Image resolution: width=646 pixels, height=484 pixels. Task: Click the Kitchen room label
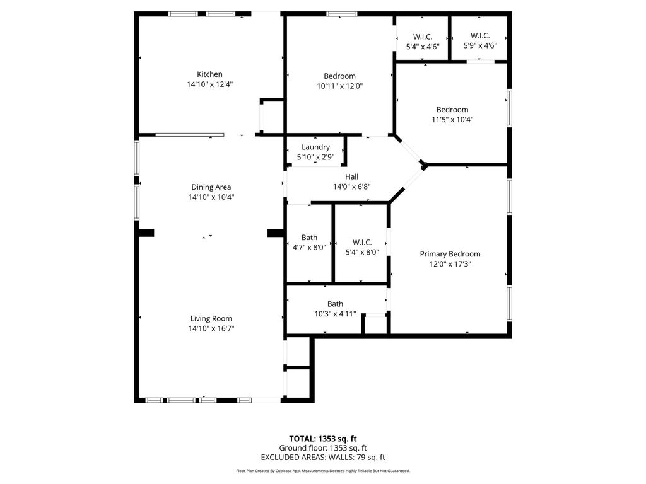click(x=209, y=74)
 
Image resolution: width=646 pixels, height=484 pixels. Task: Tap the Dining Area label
click(x=211, y=187)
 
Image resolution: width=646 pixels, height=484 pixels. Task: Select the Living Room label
click(x=211, y=318)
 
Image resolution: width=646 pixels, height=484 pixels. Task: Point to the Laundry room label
click(x=315, y=147)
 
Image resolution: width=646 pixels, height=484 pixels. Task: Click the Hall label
click(x=352, y=177)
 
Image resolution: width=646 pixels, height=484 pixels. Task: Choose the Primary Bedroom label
click(x=450, y=254)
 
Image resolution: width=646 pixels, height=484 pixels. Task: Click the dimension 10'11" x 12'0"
click(x=340, y=86)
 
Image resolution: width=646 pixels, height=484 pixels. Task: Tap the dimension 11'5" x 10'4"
click(x=452, y=120)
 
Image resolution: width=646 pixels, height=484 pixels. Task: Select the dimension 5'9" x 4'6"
click(x=480, y=45)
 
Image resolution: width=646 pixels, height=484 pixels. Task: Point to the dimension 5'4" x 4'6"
click(x=423, y=47)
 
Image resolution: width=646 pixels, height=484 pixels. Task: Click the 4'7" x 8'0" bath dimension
click(x=309, y=247)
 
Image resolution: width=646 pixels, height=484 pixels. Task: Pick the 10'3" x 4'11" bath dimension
click(x=336, y=314)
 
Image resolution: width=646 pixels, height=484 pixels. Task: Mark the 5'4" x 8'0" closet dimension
click(x=362, y=252)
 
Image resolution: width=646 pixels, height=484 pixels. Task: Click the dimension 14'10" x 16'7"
click(x=211, y=328)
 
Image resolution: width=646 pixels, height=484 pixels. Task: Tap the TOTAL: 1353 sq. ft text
click(x=323, y=439)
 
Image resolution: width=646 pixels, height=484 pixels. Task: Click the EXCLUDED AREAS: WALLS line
click(x=323, y=458)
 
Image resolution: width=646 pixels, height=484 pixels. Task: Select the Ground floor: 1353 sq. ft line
click(x=323, y=448)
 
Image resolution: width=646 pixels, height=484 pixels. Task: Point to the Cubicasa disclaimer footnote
click(x=323, y=471)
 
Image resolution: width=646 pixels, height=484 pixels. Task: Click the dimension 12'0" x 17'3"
click(x=450, y=264)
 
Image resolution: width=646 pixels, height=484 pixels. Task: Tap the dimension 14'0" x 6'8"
click(x=352, y=187)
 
